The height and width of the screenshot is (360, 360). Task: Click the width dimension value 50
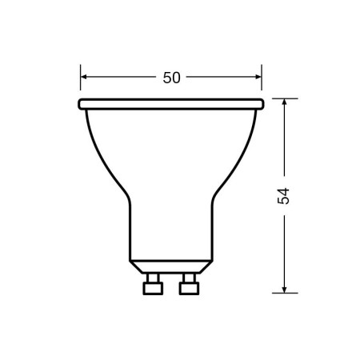171,78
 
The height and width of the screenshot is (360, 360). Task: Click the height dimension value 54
283,196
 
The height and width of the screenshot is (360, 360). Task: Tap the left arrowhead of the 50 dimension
85,78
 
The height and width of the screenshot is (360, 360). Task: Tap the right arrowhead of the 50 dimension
258,78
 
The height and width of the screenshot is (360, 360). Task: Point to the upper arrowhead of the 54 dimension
284,103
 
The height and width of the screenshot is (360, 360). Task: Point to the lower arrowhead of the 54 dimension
284,289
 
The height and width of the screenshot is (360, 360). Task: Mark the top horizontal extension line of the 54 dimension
284,98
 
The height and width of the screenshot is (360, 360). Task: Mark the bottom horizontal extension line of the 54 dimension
284,293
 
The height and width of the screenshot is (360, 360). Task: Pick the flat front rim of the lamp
171,104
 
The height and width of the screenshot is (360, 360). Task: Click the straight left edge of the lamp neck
130,232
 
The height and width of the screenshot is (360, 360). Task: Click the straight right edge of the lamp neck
212,232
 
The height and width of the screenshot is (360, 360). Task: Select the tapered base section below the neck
171,266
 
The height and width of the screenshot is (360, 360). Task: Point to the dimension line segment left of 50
120,78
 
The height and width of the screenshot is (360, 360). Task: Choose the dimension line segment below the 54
284,248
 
